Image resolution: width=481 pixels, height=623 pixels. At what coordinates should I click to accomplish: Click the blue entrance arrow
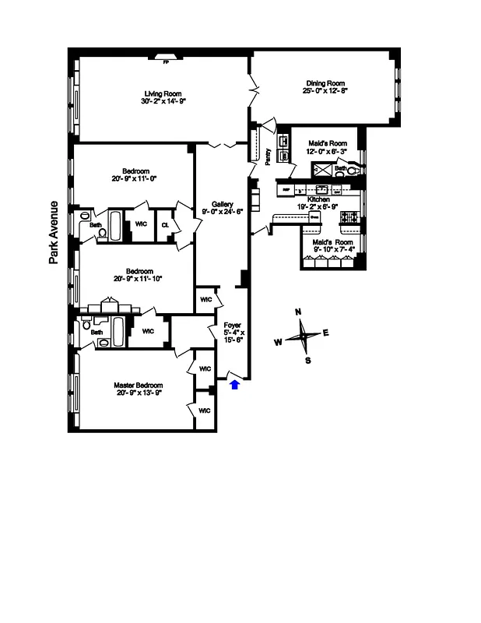(x=236, y=383)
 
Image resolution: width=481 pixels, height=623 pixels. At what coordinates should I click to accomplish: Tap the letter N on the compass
(x=298, y=312)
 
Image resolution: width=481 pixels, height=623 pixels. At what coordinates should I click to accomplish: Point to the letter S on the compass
(x=307, y=361)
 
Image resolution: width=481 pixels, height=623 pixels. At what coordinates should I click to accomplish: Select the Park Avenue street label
(x=54, y=233)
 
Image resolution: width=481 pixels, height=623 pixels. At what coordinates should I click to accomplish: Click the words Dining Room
(x=325, y=83)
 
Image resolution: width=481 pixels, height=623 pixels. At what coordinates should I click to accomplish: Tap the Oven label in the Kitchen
(x=315, y=218)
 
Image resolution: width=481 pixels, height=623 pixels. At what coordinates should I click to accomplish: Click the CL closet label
(x=165, y=224)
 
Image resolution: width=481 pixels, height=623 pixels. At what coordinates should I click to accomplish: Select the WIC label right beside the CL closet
(x=141, y=224)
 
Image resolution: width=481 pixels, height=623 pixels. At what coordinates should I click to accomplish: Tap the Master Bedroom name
(x=138, y=385)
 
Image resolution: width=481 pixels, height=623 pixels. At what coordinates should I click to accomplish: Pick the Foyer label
(x=233, y=325)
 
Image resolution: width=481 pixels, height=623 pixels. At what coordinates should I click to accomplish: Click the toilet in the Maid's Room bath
(x=352, y=171)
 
